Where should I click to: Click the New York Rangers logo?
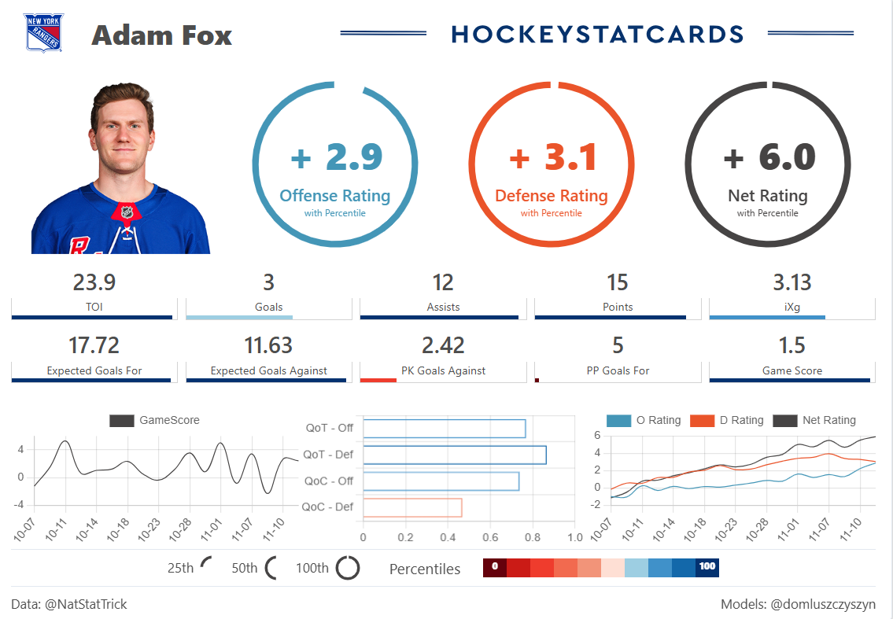pos(42,33)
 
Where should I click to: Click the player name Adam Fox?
pos(161,35)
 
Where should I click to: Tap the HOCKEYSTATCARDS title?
pos(597,34)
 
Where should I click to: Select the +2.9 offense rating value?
pos(336,157)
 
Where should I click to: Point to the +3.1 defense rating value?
pos(552,157)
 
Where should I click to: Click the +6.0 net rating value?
pos(769,157)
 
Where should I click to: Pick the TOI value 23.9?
pos(94,282)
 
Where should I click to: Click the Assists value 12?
pos(443,282)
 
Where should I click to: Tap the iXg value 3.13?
pos(792,282)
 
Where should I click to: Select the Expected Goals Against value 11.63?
pos(268,345)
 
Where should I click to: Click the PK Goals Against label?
pos(443,370)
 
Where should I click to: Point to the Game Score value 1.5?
pos(792,345)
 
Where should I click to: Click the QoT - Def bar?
pos(454,455)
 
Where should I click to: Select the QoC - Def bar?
pos(412,507)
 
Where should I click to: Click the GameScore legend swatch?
pos(121,421)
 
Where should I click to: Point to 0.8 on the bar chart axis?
pos(533,537)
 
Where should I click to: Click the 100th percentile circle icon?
pos(348,568)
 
